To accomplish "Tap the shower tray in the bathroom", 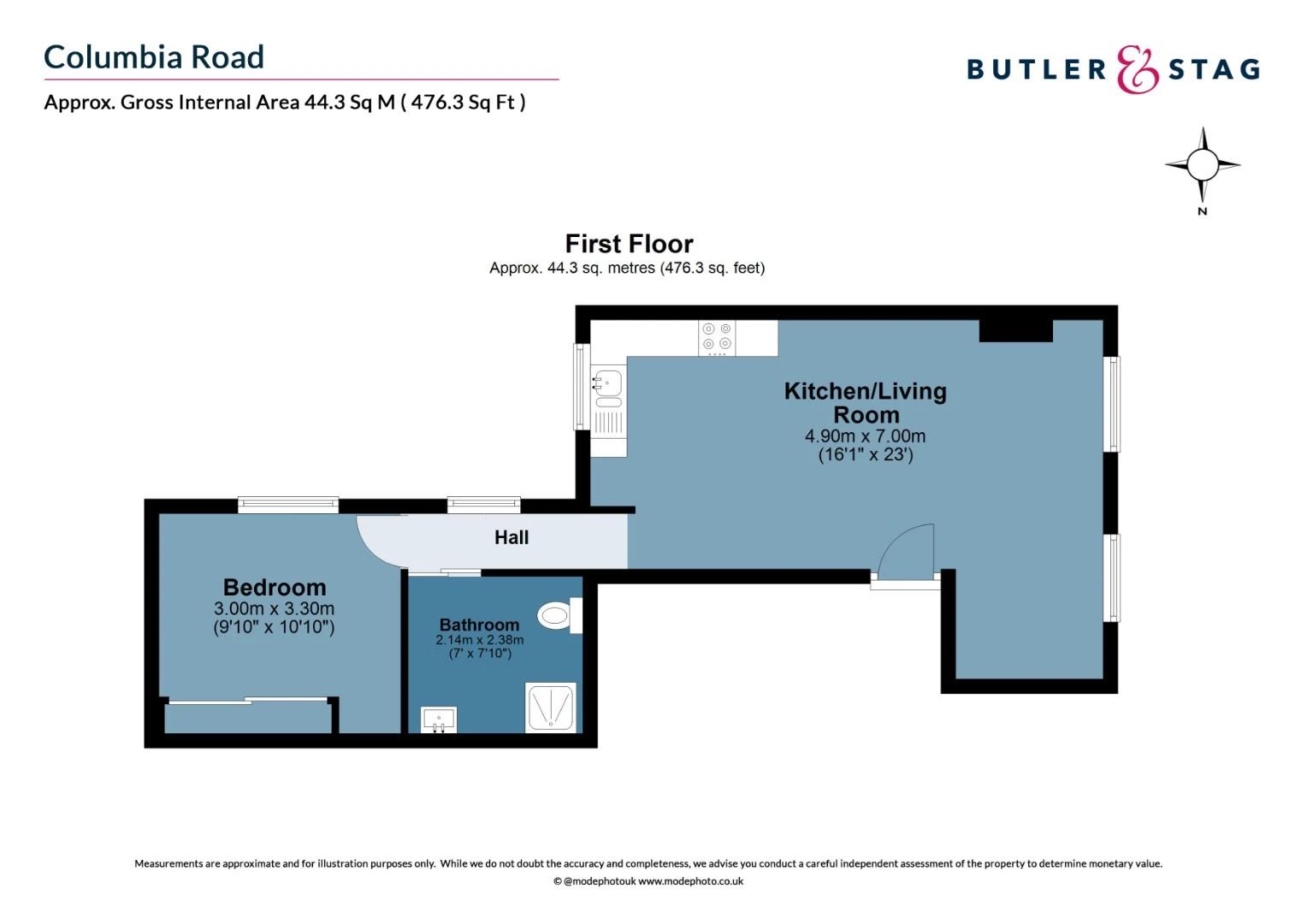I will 550,707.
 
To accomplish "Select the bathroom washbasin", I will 439,720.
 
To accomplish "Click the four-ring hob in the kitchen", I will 717,338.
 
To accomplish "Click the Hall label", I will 512,537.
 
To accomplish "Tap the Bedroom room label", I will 275,587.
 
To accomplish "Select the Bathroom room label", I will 479,625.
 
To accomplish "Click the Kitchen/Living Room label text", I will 866,403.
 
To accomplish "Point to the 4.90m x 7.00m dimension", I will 865,436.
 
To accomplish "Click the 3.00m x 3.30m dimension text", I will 274,609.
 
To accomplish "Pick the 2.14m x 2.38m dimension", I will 479,640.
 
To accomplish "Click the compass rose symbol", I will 1202,165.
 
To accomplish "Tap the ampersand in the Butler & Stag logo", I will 1138,69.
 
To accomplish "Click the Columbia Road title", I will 154,57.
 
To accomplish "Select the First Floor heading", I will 629,244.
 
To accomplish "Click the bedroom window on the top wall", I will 288,505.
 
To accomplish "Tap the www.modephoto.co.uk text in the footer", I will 690,881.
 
